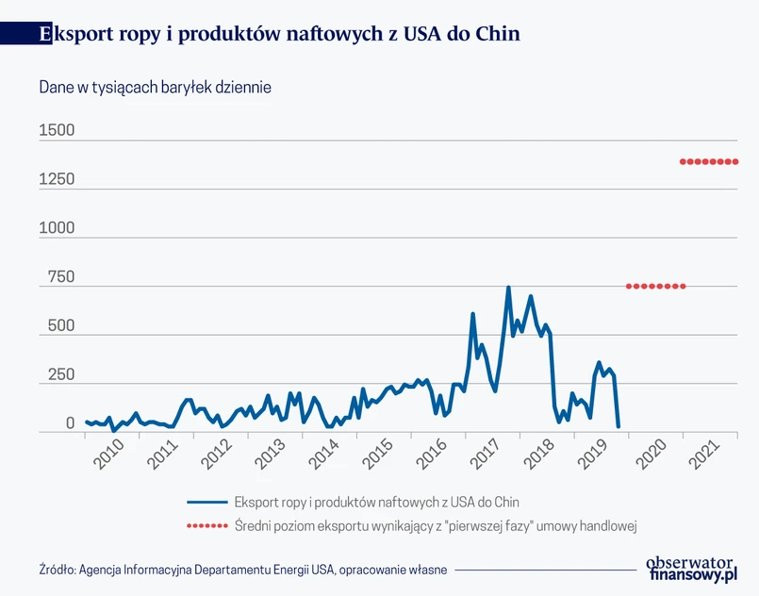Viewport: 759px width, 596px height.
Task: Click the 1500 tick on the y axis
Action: [x=57, y=131]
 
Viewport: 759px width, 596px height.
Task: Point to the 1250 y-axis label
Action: [x=57, y=180]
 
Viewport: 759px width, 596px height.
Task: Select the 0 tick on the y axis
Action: [x=70, y=424]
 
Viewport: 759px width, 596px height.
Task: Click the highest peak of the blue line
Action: [x=509, y=288]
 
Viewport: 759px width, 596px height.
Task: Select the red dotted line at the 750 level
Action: [x=655, y=286]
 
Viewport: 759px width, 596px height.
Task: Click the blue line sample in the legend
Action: [x=206, y=502]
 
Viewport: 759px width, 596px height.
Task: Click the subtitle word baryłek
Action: [x=190, y=88]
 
